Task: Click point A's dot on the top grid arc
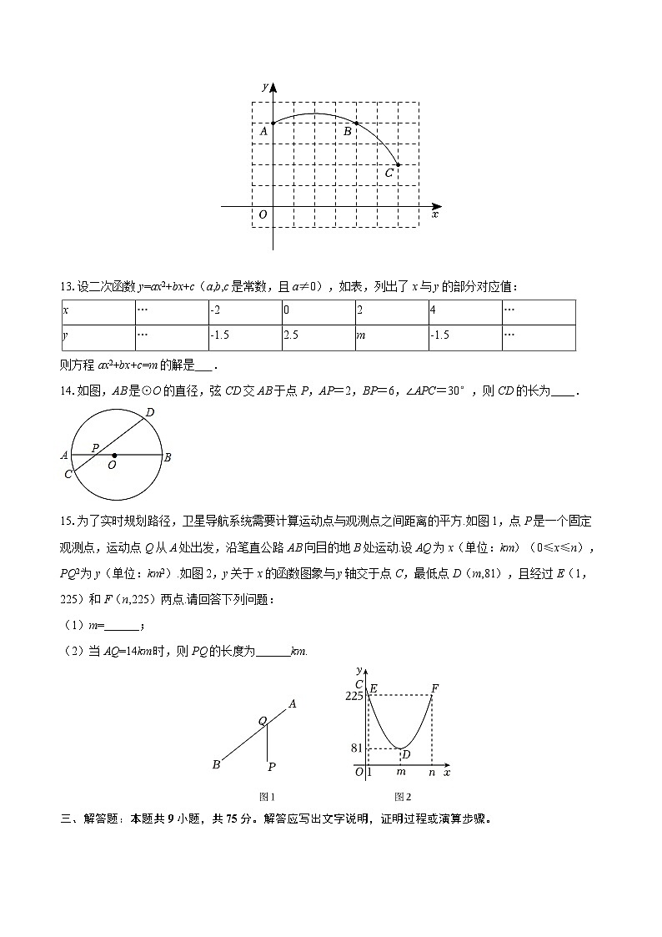(273, 123)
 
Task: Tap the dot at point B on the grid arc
(357, 123)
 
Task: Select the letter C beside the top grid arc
(389, 174)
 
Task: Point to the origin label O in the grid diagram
(263, 215)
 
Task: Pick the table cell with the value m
(391, 337)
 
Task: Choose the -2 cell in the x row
(244, 312)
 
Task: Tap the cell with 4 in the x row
(464, 312)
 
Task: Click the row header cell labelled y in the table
(98, 337)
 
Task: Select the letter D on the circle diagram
(149, 412)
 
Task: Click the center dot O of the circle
(113, 456)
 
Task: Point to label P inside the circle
(95, 448)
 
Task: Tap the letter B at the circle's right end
(168, 456)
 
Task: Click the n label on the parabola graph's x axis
(432, 773)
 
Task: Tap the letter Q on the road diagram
(262, 721)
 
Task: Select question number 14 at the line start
(67, 390)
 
